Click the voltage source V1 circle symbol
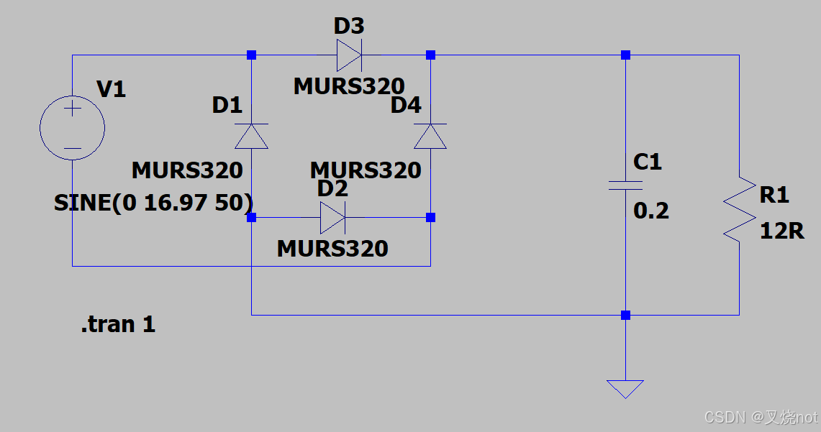pyautogui.click(x=72, y=129)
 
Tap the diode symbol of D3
pyautogui.click(x=349, y=55)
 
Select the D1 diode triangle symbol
pyautogui.click(x=251, y=136)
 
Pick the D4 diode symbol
pyautogui.click(x=430, y=136)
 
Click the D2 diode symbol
pyautogui.click(x=332, y=217)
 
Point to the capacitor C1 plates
pyautogui.click(x=625, y=185)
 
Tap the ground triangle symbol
pyautogui.click(x=625, y=389)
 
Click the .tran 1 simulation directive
pyautogui.click(x=118, y=325)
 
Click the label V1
pyautogui.click(x=111, y=89)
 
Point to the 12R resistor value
pyautogui.click(x=781, y=231)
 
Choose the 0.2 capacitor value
pyautogui.click(x=651, y=211)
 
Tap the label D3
pyautogui.click(x=349, y=27)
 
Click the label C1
pyautogui.click(x=648, y=162)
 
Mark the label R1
pyautogui.click(x=774, y=194)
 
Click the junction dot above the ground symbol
pyautogui.click(x=625, y=315)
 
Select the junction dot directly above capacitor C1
pyautogui.click(x=625, y=55)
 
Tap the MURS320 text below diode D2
pyautogui.click(x=332, y=249)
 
